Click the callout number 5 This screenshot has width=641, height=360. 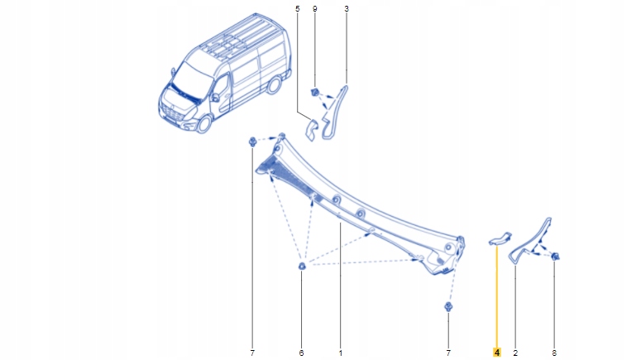point(297,8)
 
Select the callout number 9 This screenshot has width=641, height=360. point(314,8)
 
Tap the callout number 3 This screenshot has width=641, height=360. point(346,8)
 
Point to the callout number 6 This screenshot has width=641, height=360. point(302,353)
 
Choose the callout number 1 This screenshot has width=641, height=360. point(340,353)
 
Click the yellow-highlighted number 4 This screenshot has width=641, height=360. point(497,353)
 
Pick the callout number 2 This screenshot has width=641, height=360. point(515,353)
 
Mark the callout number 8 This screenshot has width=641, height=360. point(554,353)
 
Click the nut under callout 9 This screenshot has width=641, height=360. point(315,90)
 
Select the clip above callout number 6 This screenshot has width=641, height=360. point(303,266)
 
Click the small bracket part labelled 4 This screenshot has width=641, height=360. point(500,239)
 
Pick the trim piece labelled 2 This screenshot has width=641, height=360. point(529,240)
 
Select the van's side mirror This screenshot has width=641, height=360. point(214,97)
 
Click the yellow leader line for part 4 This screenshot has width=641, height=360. point(497,298)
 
